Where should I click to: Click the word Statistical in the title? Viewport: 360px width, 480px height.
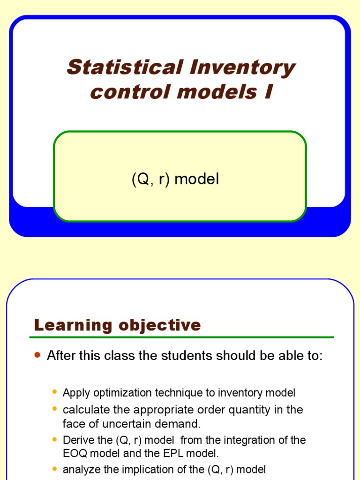click(x=124, y=67)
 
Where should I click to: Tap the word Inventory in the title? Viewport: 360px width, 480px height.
click(x=242, y=68)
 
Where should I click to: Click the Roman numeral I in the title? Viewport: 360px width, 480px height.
click(x=268, y=92)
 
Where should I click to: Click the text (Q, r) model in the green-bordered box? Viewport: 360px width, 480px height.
click(x=175, y=180)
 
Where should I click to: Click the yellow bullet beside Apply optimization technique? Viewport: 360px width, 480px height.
click(x=55, y=391)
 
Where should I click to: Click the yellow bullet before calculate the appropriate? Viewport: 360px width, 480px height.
click(x=55, y=409)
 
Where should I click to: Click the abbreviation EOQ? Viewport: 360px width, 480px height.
click(x=75, y=454)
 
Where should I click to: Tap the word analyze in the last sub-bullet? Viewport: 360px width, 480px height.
click(x=79, y=469)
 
